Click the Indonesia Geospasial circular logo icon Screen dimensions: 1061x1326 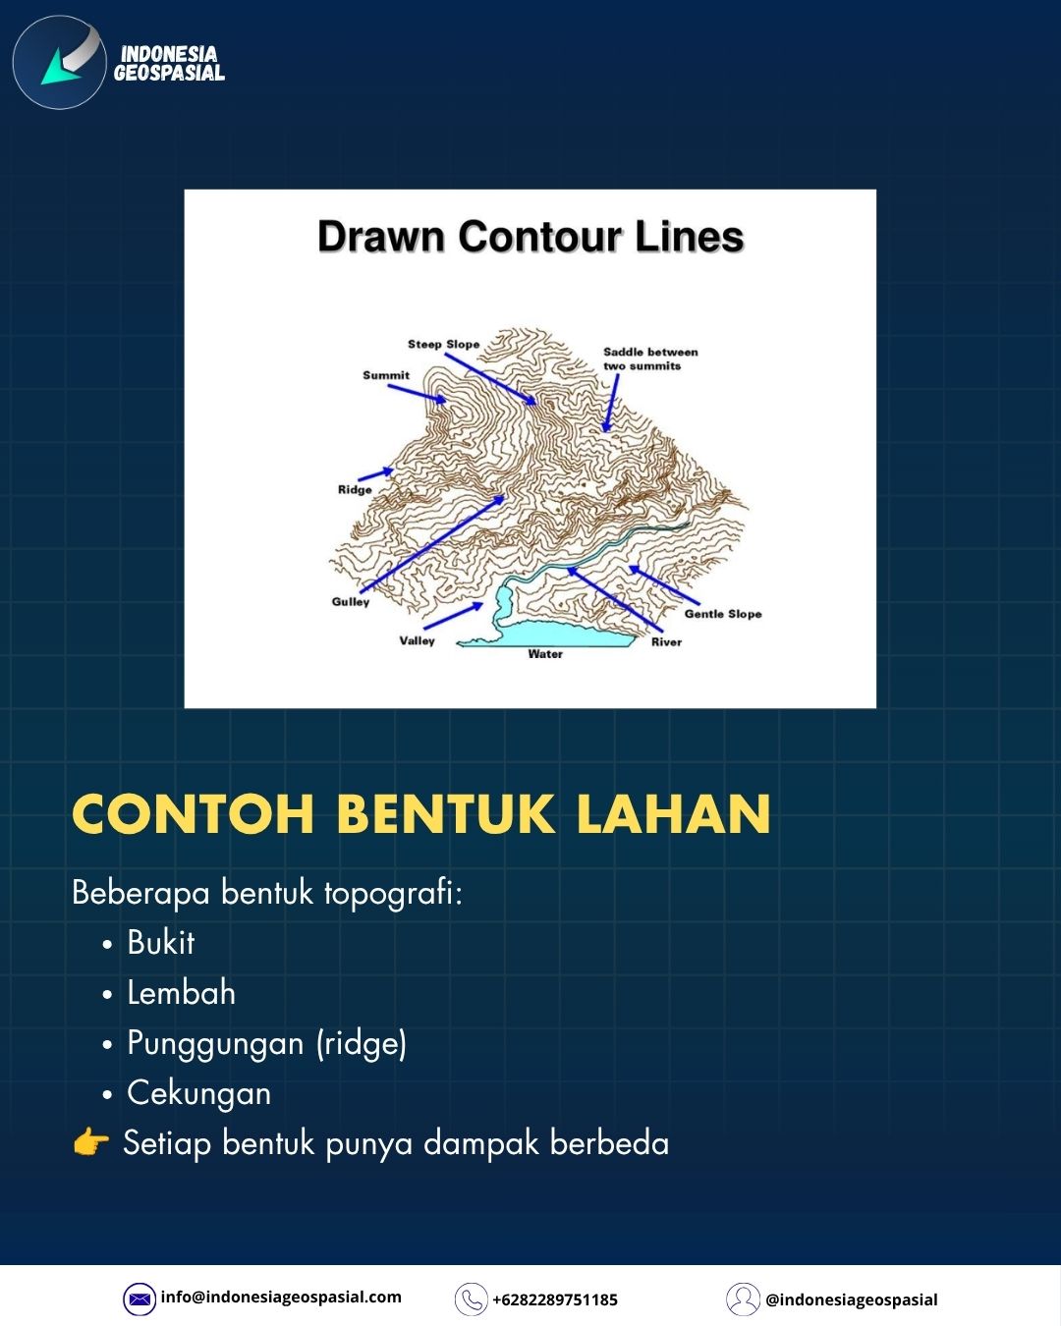coord(59,62)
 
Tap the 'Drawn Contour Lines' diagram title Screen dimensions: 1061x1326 coord(530,237)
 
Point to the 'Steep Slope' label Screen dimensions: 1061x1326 coord(443,344)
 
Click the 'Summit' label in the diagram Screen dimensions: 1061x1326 coord(386,374)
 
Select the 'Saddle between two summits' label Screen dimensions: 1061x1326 coord(650,359)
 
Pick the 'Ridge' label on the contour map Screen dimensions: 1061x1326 coord(355,490)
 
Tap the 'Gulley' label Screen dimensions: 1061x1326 coord(350,601)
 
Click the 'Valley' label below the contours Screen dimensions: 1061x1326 coord(417,640)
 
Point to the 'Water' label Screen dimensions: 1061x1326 coord(545,654)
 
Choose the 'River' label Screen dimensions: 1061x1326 coord(666,642)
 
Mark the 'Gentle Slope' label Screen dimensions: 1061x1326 coord(723,614)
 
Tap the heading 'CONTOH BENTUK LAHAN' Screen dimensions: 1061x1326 coord(421,814)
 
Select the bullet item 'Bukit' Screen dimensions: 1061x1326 coord(161,943)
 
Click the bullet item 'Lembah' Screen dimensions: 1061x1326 coord(181,993)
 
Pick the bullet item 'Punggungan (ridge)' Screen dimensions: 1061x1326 coord(267,1044)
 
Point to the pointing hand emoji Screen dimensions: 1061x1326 coord(90,1141)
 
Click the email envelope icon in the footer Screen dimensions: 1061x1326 coord(140,1298)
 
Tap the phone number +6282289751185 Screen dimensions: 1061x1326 coord(555,1300)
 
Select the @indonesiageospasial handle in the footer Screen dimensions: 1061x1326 coord(852,1300)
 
